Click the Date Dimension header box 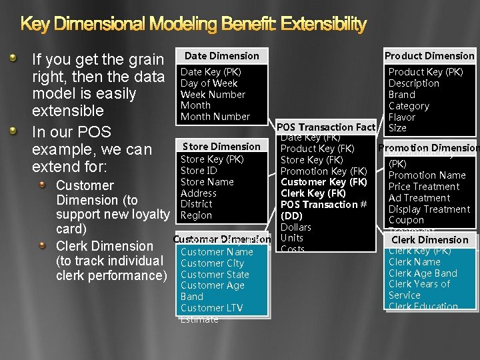tap(221, 56)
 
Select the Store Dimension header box tap(221, 147)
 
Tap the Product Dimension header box tap(429, 56)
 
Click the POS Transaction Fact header tap(326, 127)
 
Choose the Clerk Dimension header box tap(429, 240)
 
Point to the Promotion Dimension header tap(428, 148)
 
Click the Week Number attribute tap(213, 95)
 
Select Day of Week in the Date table tap(209, 83)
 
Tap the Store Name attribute tap(207, 182)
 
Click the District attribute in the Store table tap(196, 204)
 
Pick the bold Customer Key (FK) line tap(324, 182)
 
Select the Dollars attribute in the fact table tap(295, 227)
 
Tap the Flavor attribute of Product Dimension tap(401, 117)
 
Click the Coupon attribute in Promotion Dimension tap(406, 220)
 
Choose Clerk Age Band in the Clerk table tap(423, 273)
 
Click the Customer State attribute tap(215, 275)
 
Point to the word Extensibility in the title tap(323, 25)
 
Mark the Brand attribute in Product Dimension tap(401, 95)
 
